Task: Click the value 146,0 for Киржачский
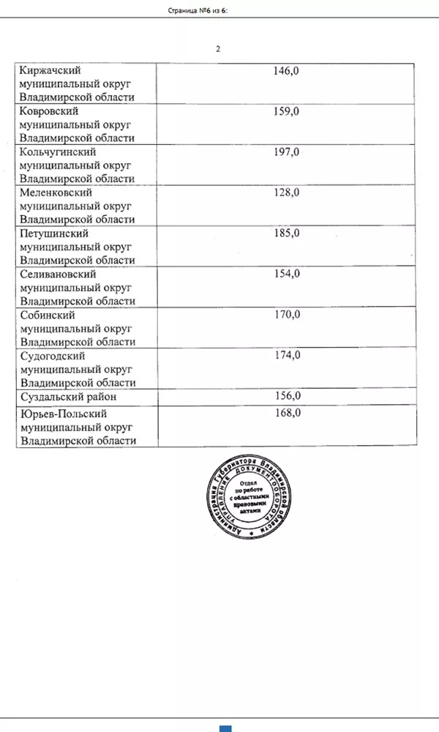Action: (286, 71)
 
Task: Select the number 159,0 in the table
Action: (286, 111)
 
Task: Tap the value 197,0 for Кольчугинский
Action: (286, 152)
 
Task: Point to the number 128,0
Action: (286, 193)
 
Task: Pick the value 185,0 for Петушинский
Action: (286, 234)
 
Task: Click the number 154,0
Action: (286, 274)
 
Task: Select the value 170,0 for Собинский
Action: (286, 315)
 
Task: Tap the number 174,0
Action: (286, 355)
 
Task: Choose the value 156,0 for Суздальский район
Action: (286, 396)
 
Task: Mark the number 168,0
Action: (286, 414)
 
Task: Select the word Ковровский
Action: (50, 112)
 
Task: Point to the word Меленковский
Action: (56, 193)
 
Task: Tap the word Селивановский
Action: (59, 274)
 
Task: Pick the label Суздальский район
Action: (69, 397)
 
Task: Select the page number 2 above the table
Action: (218, 49)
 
